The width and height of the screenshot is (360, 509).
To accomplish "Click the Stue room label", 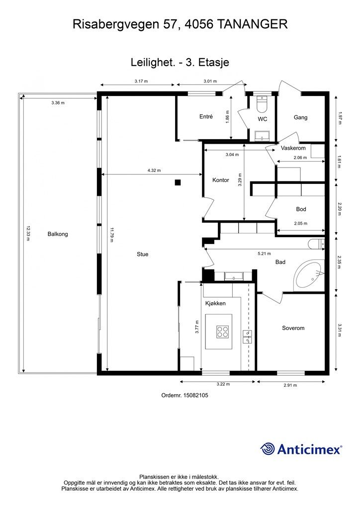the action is coord(143,254).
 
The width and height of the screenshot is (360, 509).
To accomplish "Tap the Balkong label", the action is coord(58,234).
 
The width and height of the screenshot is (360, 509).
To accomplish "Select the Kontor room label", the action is coord(221,180).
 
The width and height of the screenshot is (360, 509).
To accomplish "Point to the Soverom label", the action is coord(293,328).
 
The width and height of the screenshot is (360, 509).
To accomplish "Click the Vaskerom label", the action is coord(293,148).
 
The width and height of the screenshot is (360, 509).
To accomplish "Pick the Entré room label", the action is coord(206,116).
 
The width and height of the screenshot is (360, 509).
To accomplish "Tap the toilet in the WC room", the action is coord(262,104).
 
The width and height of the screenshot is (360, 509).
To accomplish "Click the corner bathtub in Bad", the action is coord(309,275).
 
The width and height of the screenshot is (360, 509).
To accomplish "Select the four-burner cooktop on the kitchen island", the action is coord(223,332).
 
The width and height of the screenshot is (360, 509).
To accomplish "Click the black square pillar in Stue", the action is coord(178,182).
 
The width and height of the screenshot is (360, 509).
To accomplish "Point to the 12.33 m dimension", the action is coord(28,234).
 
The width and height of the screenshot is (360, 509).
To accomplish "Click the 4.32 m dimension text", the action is coord(154,170).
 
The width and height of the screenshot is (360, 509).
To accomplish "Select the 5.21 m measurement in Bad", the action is coord(264,254).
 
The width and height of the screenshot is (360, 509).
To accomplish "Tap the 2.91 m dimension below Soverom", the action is coord(290,385).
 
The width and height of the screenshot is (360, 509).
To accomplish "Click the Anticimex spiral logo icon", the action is coord(268,449).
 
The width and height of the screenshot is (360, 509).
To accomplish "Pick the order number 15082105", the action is coord(196,395).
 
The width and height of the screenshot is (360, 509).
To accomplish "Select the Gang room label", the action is coord(301,117).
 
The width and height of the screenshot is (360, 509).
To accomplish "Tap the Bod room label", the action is coord(301,209).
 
